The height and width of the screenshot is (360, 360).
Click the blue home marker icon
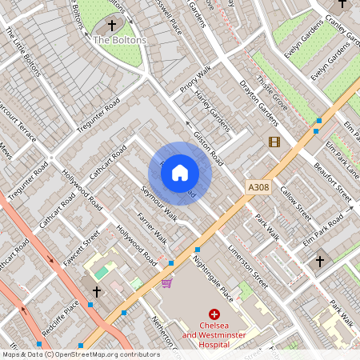[x=180, y=173]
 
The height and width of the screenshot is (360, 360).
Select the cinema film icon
[x=274, y=142]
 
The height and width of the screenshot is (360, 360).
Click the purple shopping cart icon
[x=166, y=282]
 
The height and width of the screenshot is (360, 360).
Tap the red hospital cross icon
[x=214, y=316]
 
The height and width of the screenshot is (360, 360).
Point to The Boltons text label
[x=120, y=39]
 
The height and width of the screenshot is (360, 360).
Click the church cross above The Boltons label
[x=122, y=25]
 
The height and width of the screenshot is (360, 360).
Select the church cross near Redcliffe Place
[x=97, y=292]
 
